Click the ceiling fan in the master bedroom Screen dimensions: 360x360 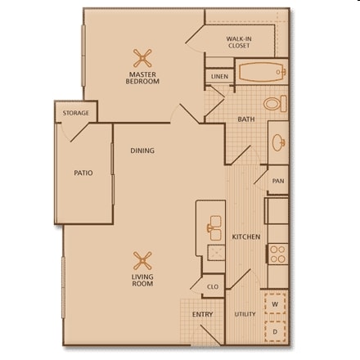coord(143,58)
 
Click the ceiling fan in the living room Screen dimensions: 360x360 coord(143,261)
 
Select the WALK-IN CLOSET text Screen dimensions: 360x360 coord(238,42)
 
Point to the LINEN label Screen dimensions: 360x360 coord(218,76)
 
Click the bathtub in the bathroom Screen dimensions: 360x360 coord(261,72)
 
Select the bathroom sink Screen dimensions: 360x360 coord(278,141)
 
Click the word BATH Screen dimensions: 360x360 coord(245,119)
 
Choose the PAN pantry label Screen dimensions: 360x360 coord(277,180)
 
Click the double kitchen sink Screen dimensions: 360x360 coord(215,224)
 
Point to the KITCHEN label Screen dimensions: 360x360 coord(245,237)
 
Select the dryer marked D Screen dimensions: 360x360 coord(276,331)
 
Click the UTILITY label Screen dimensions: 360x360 coord(245,314)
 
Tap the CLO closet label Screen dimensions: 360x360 coord(212,287)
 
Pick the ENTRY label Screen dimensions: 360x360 coord(202,314)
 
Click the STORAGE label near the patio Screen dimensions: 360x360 coord(75,113)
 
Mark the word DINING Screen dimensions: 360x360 coord(142,151)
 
